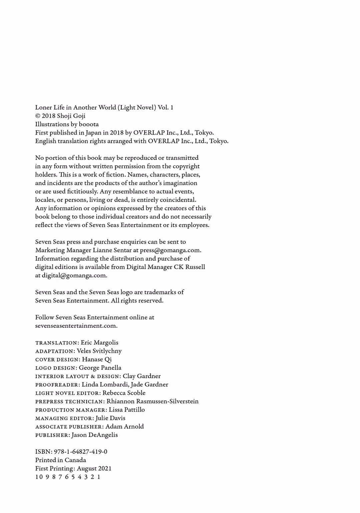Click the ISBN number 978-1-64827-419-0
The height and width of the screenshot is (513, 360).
(80, 452)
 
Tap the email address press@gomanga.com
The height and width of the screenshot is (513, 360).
(170, 250)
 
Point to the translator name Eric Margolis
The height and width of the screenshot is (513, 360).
(99, 342)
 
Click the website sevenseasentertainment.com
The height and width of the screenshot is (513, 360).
(76, 326)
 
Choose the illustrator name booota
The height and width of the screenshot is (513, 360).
(89, 124)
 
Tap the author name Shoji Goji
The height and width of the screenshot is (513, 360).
(71, 116)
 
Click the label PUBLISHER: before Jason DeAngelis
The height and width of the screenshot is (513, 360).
(53, 435)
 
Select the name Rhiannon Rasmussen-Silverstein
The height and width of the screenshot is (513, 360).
(153, 401)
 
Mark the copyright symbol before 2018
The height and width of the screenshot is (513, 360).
(38, 116)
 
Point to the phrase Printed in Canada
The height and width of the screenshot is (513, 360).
(61, 460)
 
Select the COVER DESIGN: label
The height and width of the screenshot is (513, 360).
(58, 359)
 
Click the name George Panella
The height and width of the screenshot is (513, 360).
(100, 368)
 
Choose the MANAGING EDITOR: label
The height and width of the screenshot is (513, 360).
(64, 418)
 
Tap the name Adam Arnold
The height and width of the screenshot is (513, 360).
(124, 426)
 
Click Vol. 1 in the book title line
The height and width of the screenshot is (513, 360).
(165, 107)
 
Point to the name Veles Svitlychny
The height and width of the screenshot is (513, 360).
(99, 351)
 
